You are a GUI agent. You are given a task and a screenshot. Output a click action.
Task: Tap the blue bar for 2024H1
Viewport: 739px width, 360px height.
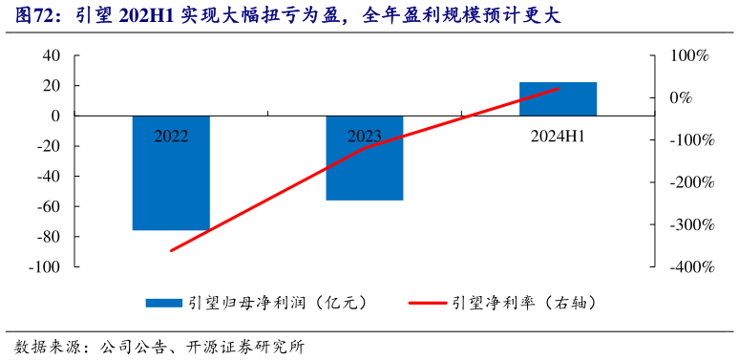click(x=558, y=98)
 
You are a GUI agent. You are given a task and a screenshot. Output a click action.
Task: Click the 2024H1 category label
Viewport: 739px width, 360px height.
click(x=558, y=136)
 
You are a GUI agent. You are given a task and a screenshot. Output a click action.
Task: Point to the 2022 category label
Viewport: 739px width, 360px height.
click(x=171, y=136)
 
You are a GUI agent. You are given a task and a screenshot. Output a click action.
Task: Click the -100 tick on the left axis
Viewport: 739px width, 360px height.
click(x=43, y=267)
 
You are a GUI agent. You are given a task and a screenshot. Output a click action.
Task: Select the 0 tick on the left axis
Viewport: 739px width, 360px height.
click(x=55, y=116)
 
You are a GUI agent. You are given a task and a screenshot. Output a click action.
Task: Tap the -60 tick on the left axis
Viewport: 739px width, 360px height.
click(x=47, y=206)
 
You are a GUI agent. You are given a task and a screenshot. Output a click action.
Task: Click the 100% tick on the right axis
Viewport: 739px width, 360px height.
click(x=687, y=55)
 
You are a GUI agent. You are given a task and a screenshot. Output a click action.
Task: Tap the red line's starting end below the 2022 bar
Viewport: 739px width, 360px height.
click(x=171, y=250)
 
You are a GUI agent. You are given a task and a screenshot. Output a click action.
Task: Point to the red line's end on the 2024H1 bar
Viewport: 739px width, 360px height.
click(x=559, y=89)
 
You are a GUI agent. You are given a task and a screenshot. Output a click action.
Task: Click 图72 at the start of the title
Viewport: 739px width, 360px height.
click(x=34, y=16)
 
